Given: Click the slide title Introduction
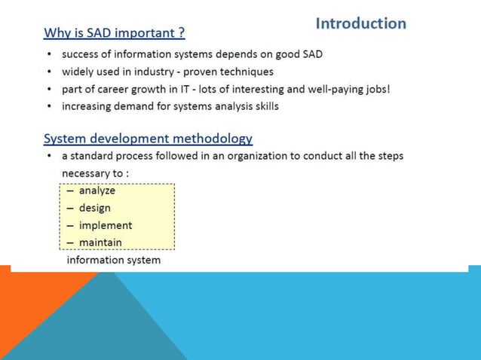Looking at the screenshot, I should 360,23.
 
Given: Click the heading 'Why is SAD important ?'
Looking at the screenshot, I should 115,33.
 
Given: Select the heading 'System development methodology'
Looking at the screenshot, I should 148,139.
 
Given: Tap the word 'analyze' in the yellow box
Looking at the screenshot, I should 97,191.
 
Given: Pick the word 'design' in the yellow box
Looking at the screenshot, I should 94,208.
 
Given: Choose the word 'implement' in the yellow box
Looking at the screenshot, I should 105,225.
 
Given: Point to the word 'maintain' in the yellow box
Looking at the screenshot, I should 100,243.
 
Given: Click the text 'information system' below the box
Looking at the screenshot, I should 114,260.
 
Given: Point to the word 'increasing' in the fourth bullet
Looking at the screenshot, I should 87,106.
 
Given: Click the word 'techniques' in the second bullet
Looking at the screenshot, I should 247,72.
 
